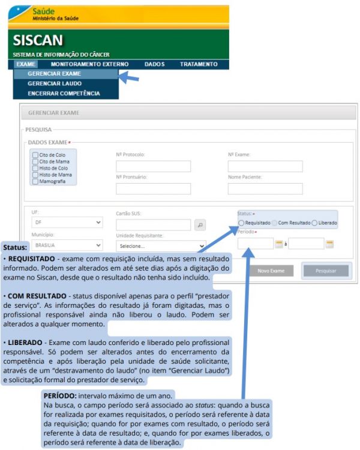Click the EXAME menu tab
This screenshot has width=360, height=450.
pyautogui.click(x=26, y=64)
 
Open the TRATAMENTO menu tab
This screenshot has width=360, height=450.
pyautogui.click(x=199, y=64)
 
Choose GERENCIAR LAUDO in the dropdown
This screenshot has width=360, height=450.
pyautogui.click(x=55, y=83)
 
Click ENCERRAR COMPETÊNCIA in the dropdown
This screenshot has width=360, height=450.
pyautogui.click(x=64, y=93)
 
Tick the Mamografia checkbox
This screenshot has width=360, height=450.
pyautogui.click(x=35, y=181)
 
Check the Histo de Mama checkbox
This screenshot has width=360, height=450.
pyautogui.click(x=35, y=175)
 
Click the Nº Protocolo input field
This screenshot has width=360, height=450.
pyautogui.click(x=153, y=166)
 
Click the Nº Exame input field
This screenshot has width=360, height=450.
pyautogui.click(x=265, y=166)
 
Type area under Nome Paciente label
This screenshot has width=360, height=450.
pyautogui.click(x=265, y=188)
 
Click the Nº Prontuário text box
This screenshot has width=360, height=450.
pyautogui.click(x=153, y=188)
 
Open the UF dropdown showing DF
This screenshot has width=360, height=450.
pyautogui.click(x=67, y=223)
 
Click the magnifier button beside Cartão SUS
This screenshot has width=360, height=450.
pyautogui.click(x=201, y=225)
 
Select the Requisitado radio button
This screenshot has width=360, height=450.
pyautogui.click(x=241, y=223)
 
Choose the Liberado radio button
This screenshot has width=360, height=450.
pyautogui.click(x=314, y=223)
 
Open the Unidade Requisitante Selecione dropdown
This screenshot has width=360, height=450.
pyautogui.click(x=161, y=246)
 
